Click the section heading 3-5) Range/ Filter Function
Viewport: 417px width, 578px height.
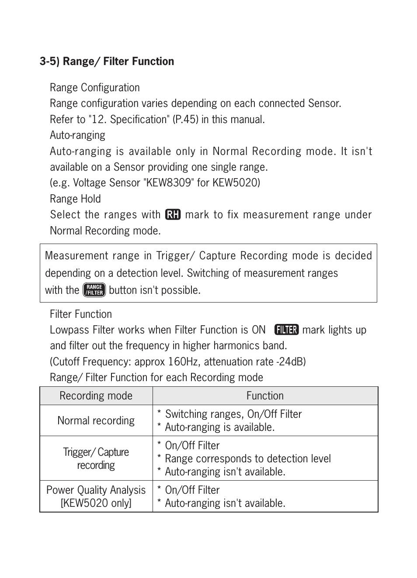(107, 61)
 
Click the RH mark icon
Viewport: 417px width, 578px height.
(173, 215)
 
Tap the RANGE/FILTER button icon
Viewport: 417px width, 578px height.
(94, 290)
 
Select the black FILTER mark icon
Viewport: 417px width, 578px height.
(286, 330)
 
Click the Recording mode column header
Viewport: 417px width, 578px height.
(96, 396)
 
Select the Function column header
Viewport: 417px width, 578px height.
(265, 396)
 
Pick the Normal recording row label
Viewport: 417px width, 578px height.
(96, 421)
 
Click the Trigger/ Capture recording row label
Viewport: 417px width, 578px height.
(96, 458)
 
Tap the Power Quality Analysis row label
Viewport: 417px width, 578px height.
(96, 490)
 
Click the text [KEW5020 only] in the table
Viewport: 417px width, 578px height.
(96, 503)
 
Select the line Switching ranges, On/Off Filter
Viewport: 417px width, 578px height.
(233, 414)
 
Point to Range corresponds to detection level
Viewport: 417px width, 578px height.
(247, 459)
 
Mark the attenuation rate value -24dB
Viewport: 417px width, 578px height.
(290, 362)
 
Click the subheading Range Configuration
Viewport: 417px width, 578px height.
(94, 88)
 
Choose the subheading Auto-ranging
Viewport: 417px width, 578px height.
(77, 135)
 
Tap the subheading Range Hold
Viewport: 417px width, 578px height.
(75, 199)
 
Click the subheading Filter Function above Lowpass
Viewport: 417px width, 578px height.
(80, 314)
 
